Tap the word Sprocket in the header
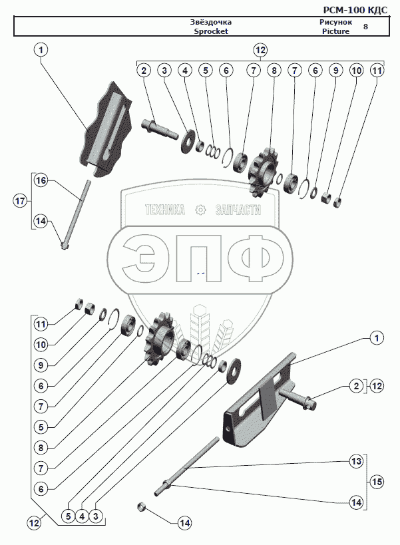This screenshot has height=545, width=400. coord(211,31)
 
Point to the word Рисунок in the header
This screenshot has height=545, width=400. coord(326,23)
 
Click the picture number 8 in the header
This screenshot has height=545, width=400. coord(365,27)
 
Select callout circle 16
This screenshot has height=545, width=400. coord(41,181)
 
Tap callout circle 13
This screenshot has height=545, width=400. coord(356,460)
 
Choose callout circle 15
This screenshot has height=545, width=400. coord(377,481)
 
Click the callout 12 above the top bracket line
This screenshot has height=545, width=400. coord(260,51)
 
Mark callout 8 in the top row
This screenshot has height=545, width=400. coord(272,69)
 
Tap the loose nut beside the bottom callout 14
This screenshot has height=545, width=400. coord(142,508)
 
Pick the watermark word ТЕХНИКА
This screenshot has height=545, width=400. coord(164,210)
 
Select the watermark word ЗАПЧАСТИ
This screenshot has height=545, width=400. coord(238,210)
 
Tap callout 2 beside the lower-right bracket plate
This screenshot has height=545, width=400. coord(356,385)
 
